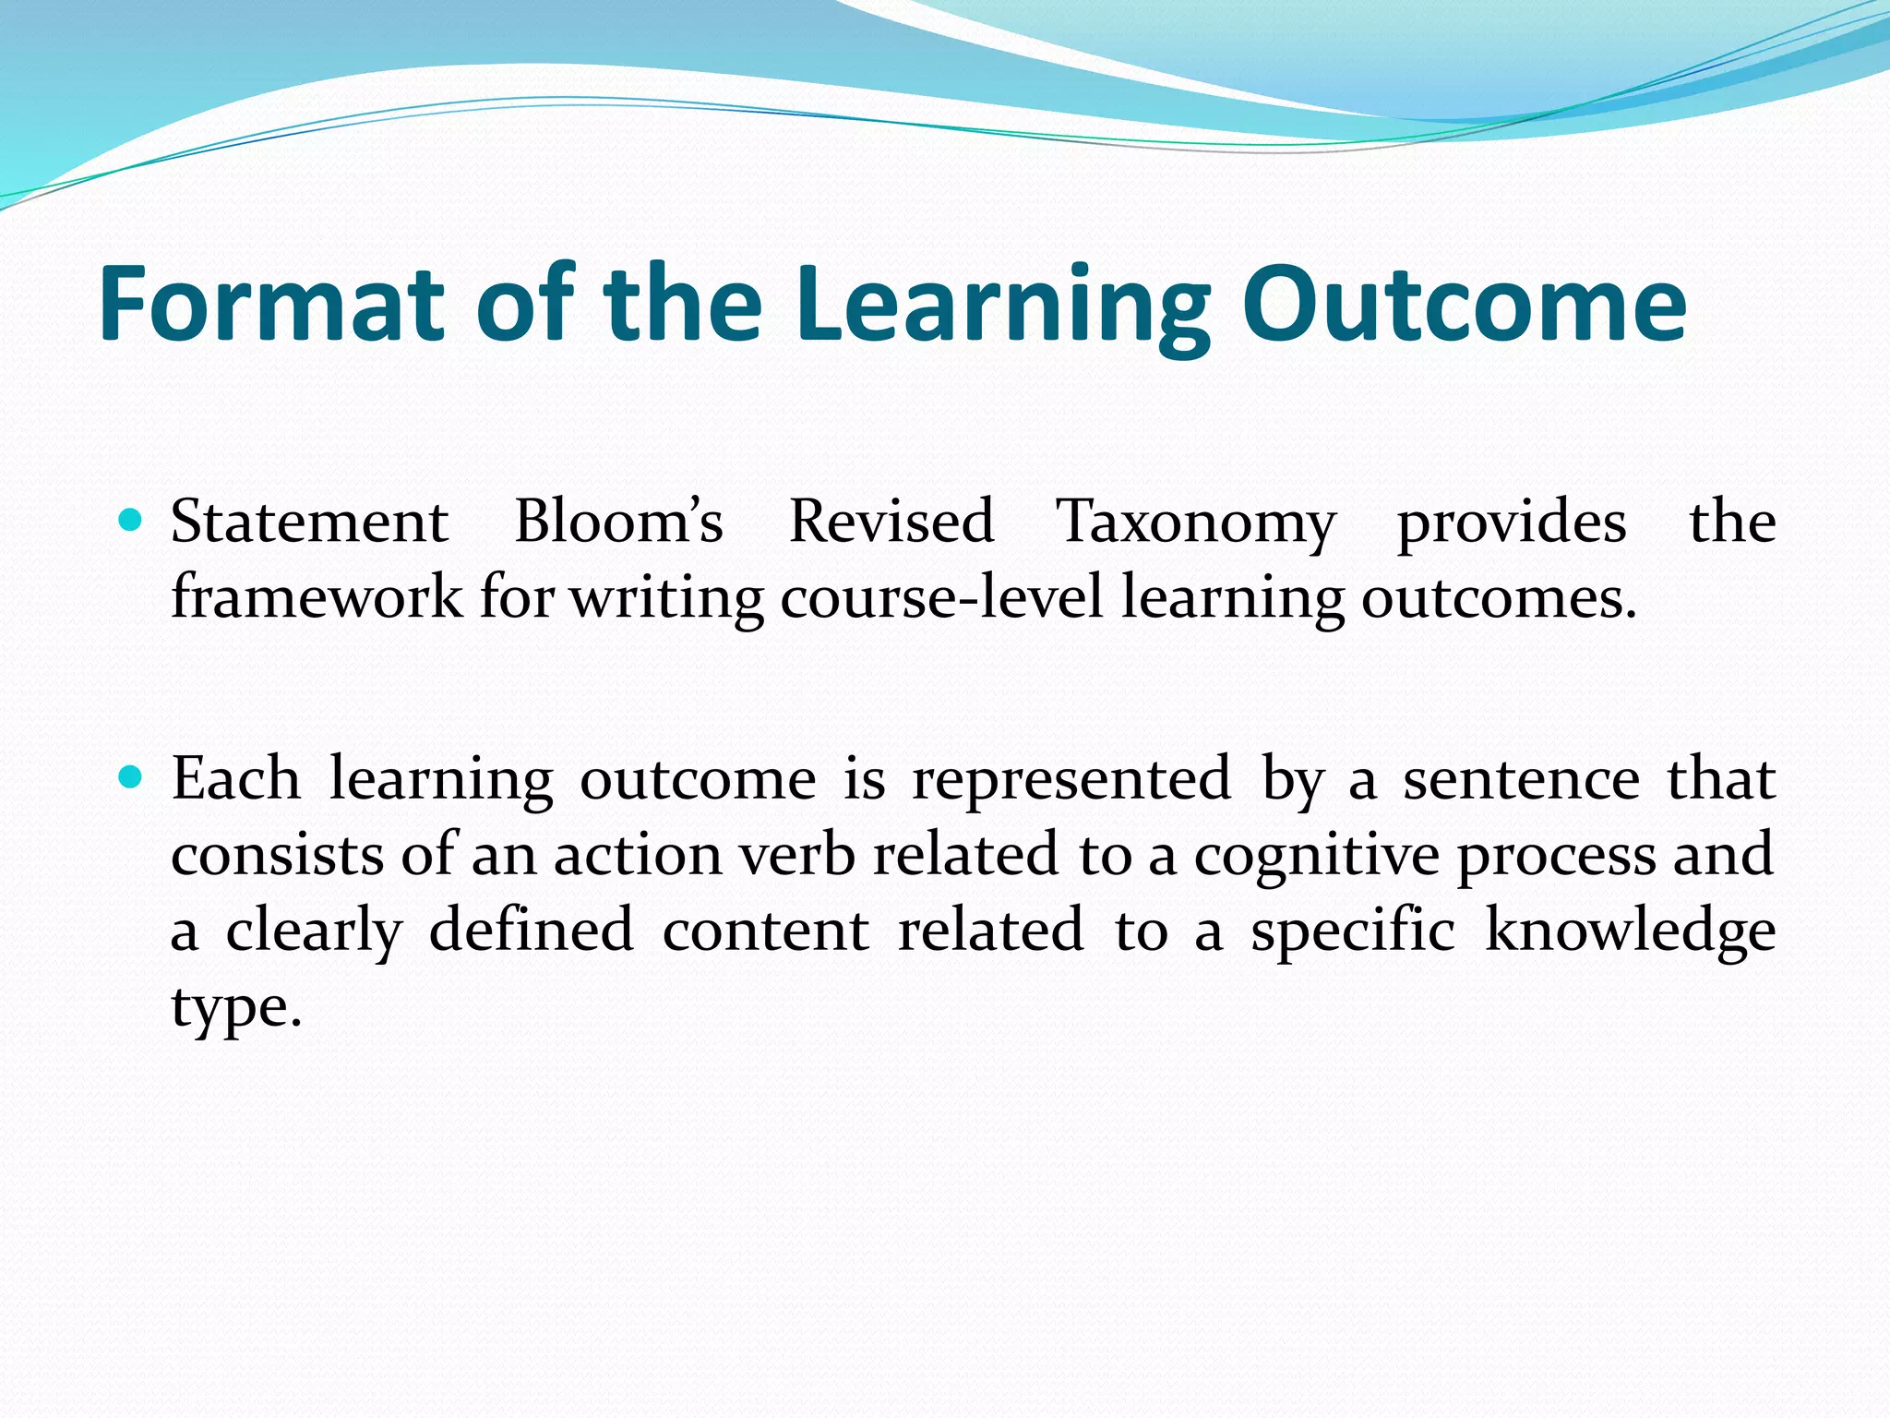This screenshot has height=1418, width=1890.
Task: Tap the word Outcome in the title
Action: click(1464, 304)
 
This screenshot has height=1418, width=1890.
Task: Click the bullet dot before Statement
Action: click(131, 521)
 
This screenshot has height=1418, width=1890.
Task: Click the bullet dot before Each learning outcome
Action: click(131, 778)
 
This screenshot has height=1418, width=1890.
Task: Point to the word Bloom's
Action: click(618, 522)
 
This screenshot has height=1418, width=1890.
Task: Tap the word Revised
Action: click(891, 522)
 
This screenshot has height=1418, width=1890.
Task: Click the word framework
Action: click(317, 597)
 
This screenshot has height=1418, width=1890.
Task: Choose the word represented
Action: click(1071, 781)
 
